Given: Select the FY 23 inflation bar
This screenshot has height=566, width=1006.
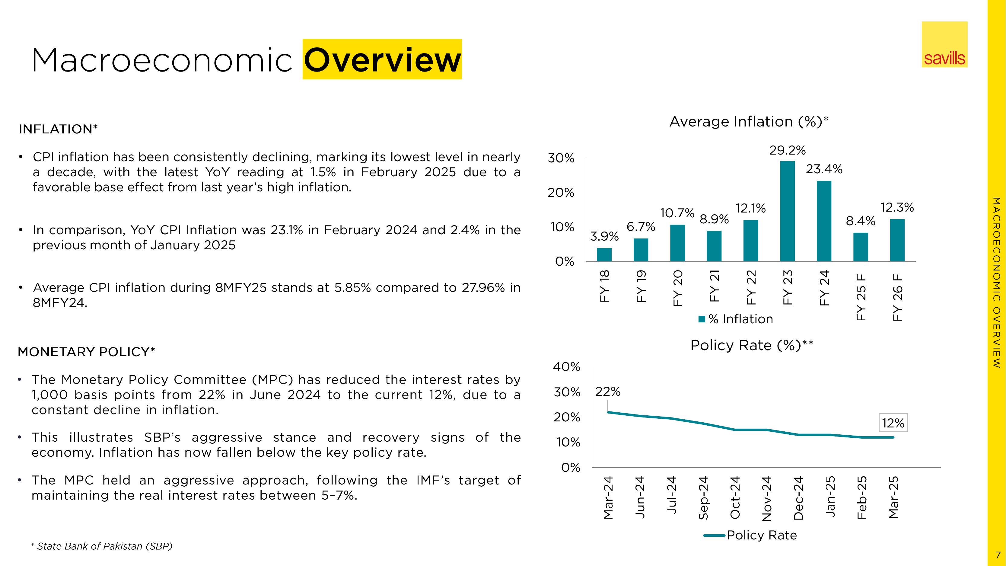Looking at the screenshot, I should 787,211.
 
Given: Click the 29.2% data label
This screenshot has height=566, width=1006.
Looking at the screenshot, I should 787,150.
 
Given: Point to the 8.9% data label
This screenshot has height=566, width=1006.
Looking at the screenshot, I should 714,219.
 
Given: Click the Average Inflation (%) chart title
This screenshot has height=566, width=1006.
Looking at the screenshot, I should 748,122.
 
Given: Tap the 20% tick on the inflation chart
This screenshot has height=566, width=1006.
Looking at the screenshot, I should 561,193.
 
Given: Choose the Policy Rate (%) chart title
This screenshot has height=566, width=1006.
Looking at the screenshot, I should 752,346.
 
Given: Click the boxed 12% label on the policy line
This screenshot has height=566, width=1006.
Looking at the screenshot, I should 893,423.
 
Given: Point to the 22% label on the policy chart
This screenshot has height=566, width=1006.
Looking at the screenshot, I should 608,392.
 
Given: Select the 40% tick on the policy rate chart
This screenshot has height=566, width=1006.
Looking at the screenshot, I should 566,367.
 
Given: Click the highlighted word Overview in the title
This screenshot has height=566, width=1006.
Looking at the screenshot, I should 382,60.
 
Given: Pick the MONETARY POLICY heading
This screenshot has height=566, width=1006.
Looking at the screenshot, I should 86,352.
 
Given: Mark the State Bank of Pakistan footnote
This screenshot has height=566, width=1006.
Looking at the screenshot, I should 102,546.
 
